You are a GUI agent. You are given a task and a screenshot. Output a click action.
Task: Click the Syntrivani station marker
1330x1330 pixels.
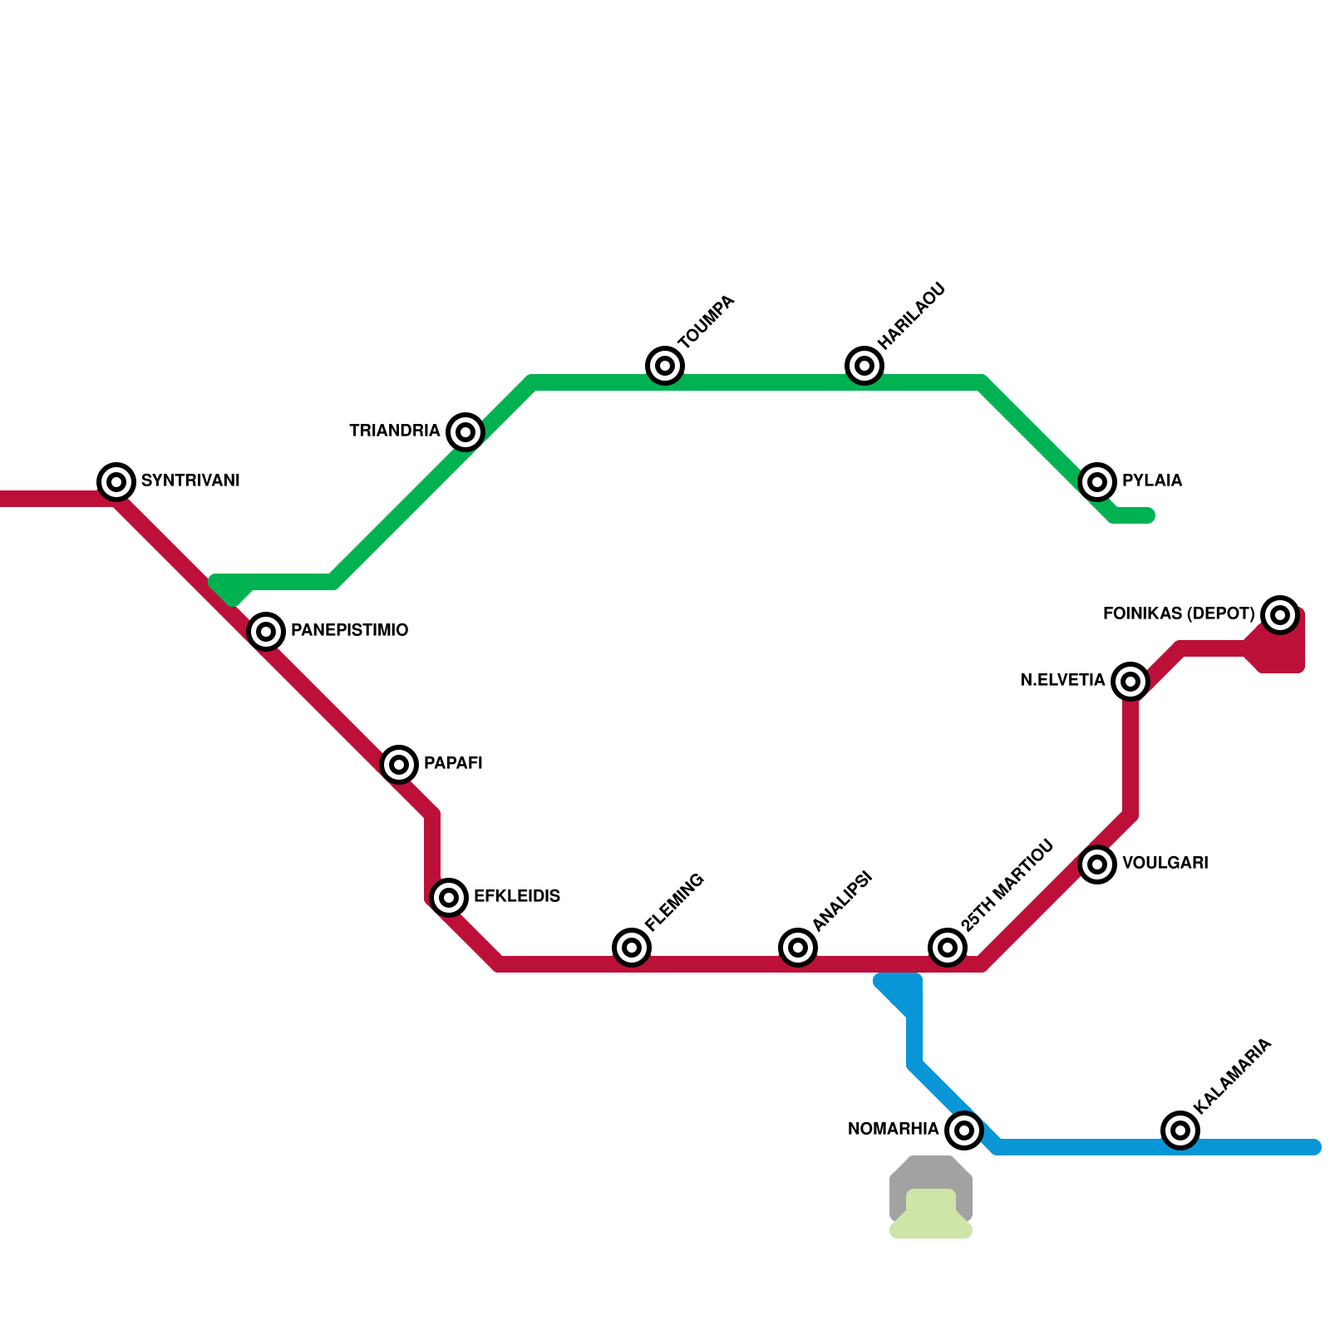coord(116,481)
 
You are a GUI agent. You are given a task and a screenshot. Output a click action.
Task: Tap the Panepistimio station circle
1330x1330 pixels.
coord(266,631)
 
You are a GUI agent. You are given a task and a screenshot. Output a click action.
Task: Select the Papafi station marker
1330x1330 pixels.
coord(399,764)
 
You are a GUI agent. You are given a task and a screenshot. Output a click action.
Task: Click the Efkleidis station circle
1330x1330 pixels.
coord(449,897)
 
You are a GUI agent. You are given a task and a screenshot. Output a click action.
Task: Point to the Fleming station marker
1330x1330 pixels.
coord(632,947)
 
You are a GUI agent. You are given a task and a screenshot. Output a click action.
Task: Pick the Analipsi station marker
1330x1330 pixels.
coord(798,947)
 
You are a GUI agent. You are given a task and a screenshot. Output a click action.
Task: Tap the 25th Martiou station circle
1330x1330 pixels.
coord(948,947)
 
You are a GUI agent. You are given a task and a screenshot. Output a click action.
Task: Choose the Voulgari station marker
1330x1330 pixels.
coord(1097,864)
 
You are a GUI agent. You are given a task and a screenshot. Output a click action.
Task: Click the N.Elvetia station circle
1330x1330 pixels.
coord(1130,681)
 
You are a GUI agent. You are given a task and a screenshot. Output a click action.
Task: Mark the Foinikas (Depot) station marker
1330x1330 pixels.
coord(1280,614)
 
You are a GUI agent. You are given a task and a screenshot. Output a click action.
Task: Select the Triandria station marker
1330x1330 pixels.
coord(465,431)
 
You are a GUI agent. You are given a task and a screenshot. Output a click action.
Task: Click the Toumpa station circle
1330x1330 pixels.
coord(665,365)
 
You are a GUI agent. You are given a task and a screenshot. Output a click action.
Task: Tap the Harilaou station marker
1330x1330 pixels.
coord(864,365)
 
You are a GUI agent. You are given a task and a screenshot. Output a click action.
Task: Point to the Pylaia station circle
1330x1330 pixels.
coord(1097,481)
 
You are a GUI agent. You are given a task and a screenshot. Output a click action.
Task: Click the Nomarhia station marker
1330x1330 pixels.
coord(964,1130)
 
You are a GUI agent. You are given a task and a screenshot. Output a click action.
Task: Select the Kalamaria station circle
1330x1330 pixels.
coord(1180,1130)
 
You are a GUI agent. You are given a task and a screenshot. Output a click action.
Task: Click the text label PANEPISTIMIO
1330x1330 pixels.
coord(349,630)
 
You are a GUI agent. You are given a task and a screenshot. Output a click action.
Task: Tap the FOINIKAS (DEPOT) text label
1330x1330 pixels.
coord(1178,613)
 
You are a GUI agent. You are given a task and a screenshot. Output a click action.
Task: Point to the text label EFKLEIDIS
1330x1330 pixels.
coord(516,896)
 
